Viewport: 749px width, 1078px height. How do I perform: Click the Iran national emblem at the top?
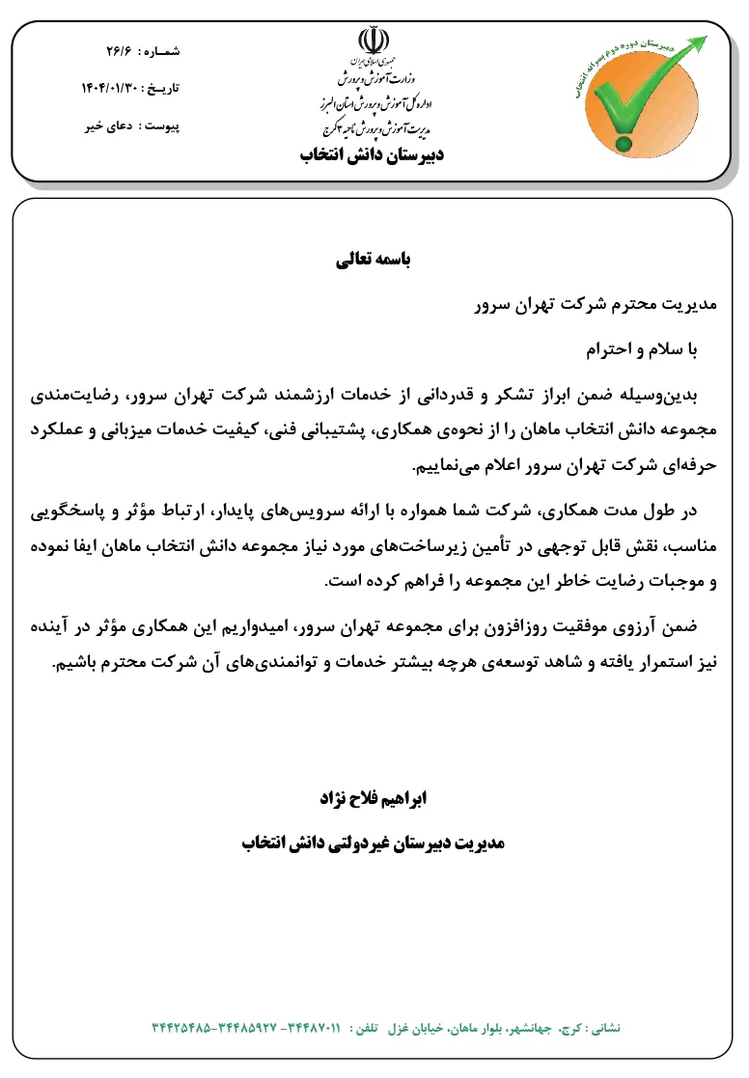[373, 43]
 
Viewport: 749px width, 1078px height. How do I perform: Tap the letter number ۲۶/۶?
[119, 49]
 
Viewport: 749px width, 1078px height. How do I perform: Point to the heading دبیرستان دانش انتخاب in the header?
[373, 154]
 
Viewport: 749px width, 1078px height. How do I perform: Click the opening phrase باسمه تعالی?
[373, 260]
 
